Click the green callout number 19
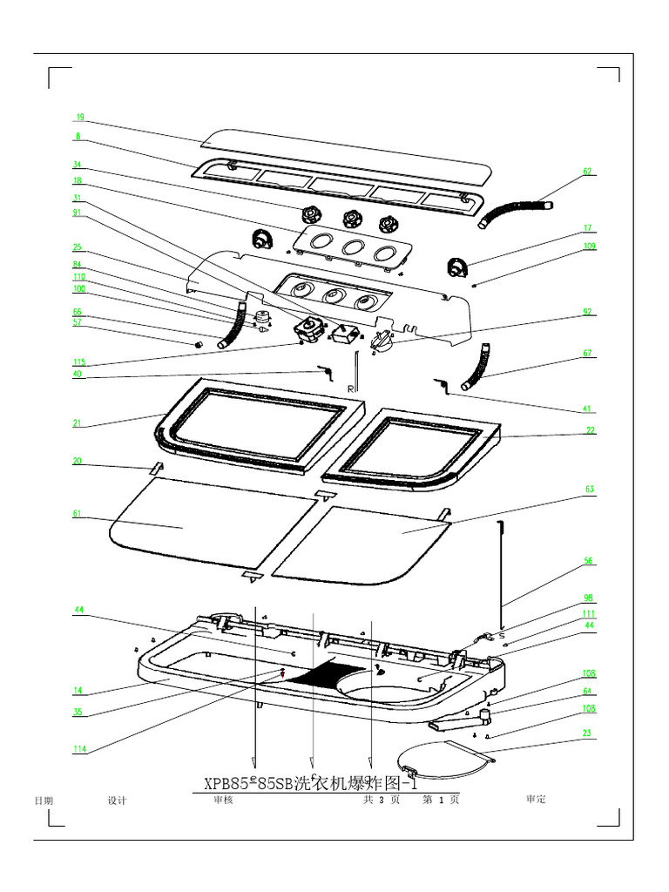coord(78,116)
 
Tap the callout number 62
coord(588,172)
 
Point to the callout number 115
coord(79,362)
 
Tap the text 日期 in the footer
coord(43,801)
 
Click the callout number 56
coord(589,562)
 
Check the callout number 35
coord(78,712)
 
